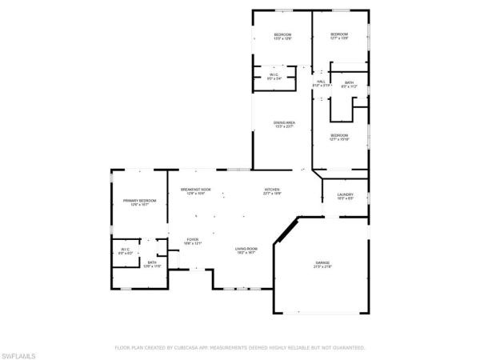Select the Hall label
click(x=321, y=82)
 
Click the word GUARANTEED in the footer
click(x=347, y=348)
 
